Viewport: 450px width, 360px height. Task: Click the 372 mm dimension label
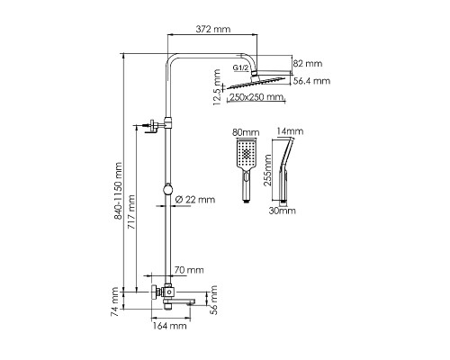pos(213,29)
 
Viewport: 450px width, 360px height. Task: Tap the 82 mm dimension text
pos(308,64)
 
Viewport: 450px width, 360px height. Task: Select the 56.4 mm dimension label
pos(311,81)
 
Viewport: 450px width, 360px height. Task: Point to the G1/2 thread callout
pos(241,67)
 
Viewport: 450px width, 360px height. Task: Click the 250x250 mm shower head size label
pos(256,97)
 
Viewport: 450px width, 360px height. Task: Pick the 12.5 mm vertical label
pos(217,87)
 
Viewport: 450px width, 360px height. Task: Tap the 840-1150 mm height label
pos(119,191)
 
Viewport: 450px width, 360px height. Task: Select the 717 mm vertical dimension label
pos(131,212)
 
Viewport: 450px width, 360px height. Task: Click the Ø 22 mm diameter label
pos(195,200)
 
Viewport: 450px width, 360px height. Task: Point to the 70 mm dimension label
pos(189,270)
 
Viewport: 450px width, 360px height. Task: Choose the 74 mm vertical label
pos(114,301)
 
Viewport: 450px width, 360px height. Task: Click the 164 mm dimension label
pos(170,326)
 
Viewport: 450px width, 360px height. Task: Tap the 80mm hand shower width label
pos(246,132)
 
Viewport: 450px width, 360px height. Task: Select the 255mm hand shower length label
pos(267,170)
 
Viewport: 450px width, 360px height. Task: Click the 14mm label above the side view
pos(290,131)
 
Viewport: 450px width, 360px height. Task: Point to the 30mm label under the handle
pos(282,211)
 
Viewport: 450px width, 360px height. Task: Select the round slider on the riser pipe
pos(167,190)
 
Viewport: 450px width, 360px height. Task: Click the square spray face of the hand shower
pos(247,154)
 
